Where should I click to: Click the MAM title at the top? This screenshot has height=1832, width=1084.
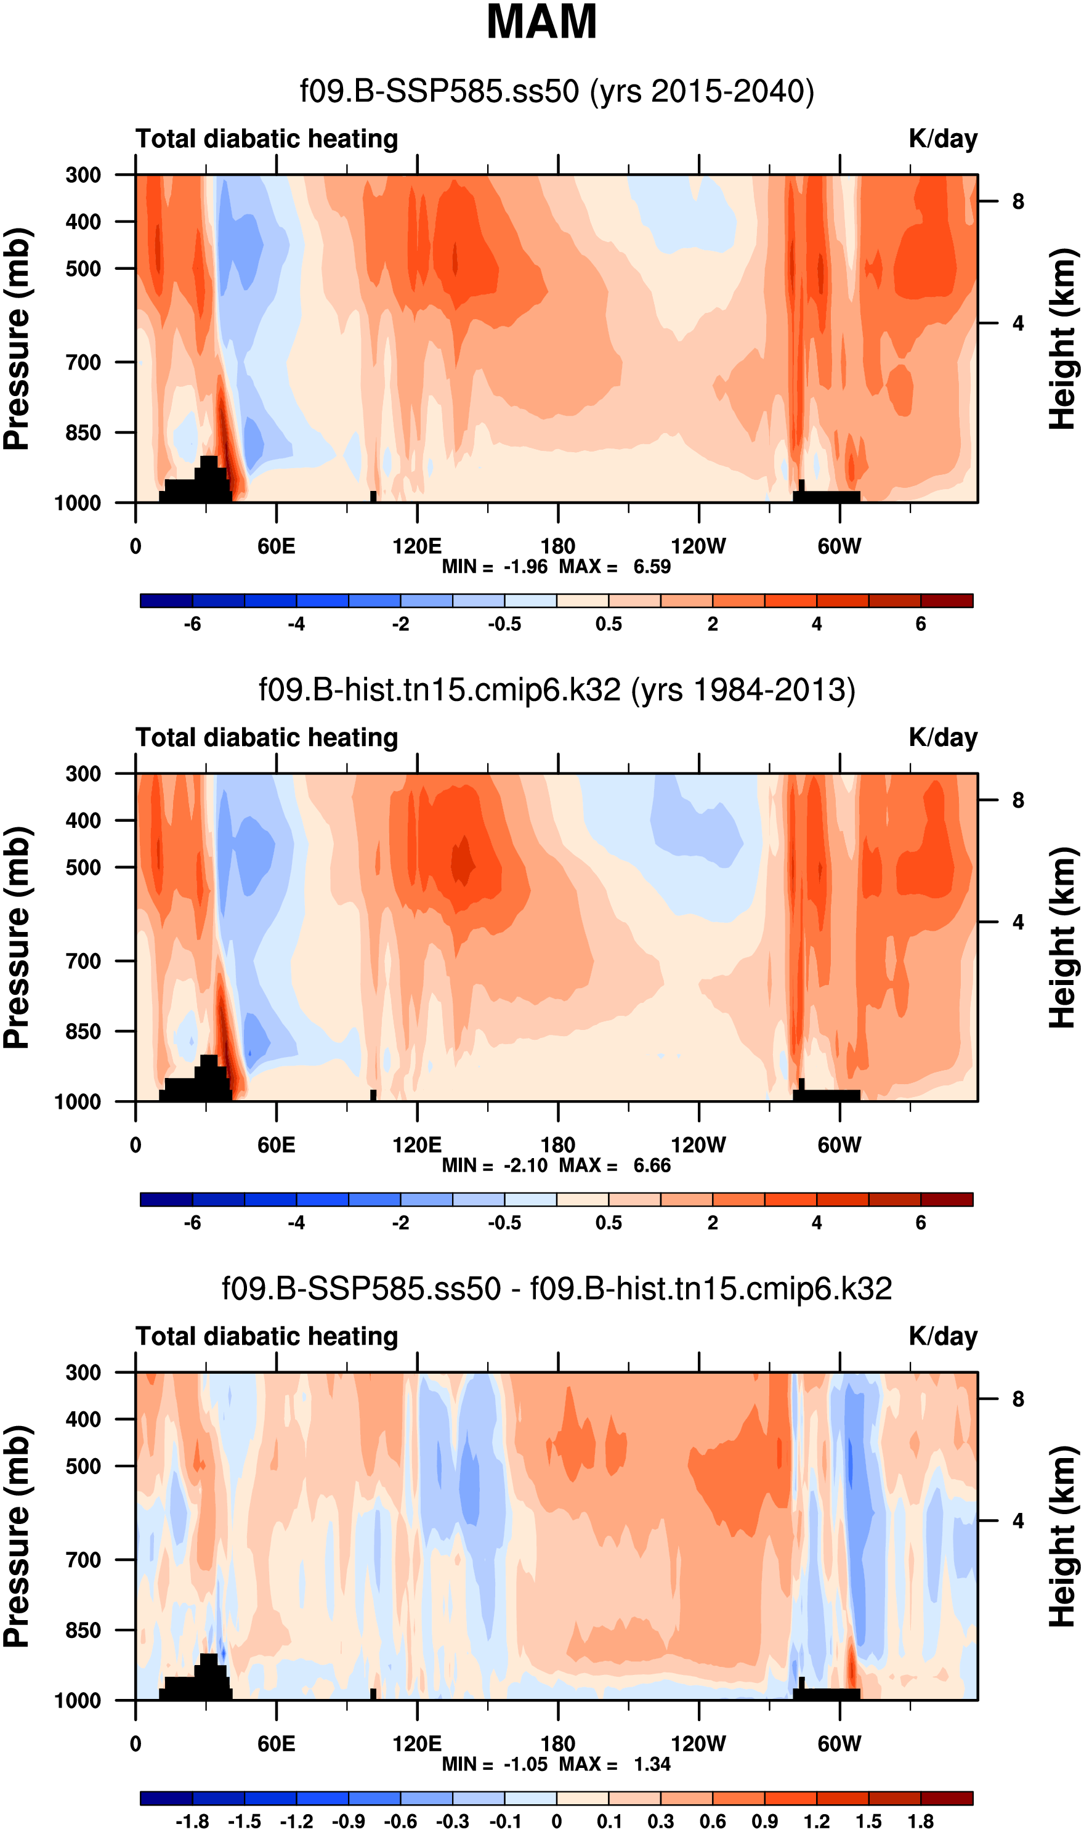541,22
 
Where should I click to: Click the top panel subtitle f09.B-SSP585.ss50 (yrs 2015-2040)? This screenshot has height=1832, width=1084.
557,92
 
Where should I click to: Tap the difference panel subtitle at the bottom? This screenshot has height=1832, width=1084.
557,1289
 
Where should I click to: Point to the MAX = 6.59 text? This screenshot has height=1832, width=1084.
615,567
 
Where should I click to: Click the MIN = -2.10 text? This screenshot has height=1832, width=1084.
495,1165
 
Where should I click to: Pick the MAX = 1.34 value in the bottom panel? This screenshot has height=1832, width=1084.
615,1764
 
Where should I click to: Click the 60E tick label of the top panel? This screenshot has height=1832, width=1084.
276,546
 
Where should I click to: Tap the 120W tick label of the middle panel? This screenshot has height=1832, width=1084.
698,1145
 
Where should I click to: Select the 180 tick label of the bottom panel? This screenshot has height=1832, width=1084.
558,1744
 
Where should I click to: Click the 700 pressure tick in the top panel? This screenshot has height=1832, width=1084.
84,362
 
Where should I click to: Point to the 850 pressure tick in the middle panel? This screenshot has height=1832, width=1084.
84,1031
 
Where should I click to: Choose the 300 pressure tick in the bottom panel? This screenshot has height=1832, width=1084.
84,1372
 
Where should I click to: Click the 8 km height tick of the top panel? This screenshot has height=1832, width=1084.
1017,201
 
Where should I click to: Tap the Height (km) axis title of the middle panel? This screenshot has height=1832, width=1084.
1064,939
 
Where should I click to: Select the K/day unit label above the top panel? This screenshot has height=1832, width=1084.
942,139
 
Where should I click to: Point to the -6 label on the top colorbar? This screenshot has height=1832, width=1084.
192,625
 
